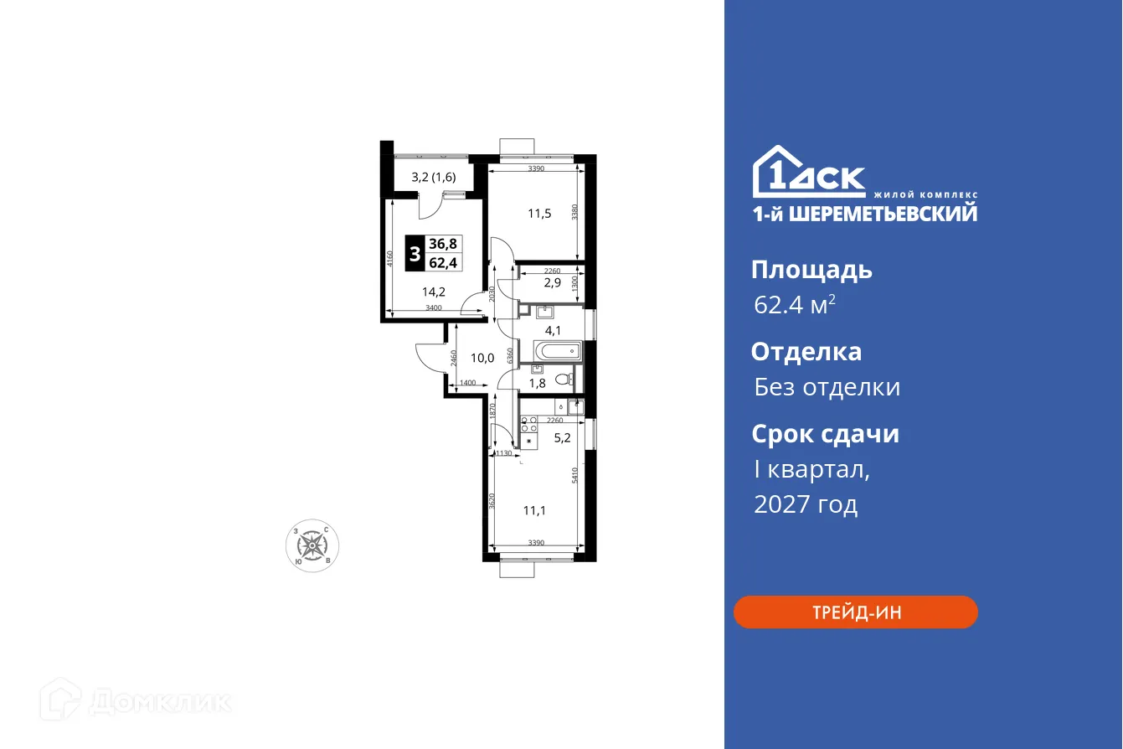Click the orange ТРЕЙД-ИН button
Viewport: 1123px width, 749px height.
coord(855,612)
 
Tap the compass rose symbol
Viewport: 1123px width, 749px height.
coord(312,546)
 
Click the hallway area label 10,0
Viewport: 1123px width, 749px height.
coord(482,358)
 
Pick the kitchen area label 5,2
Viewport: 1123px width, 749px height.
coord(563,436)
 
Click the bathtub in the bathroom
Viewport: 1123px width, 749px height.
coord(551,351)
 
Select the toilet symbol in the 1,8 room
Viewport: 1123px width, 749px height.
coord(565,380)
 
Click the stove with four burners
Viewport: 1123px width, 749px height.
coord(528,424)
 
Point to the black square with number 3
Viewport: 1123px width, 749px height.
coord(415,252)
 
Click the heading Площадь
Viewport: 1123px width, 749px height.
coord(811,270)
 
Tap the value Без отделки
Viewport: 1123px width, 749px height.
coord(827,387)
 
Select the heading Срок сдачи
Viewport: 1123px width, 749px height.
coord(825,434)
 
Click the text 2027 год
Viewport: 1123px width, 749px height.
coord(806,504)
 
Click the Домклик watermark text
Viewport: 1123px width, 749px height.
coord(159,701)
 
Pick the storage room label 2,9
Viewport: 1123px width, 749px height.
coord(552,282)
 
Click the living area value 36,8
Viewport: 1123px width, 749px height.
coord(443,243)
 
